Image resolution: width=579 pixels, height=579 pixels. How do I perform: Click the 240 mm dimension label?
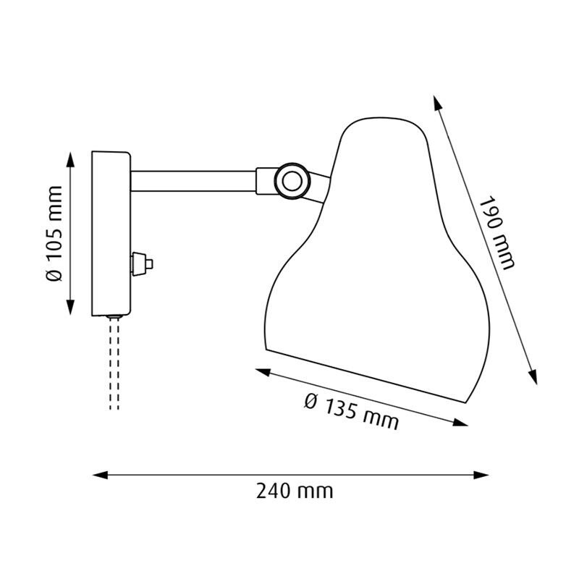295,491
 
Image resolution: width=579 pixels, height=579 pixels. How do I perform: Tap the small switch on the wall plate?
141,263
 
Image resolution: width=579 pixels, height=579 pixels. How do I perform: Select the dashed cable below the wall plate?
114,365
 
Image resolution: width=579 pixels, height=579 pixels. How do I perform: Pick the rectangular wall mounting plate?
110,233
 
